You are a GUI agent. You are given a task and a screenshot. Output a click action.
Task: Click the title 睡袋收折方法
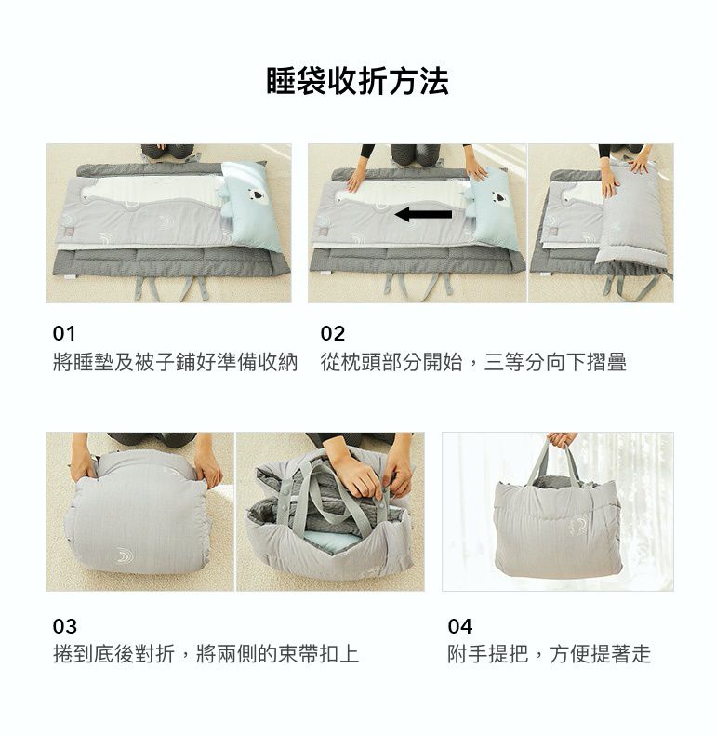357,82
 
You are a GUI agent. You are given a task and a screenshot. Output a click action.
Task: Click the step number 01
64,333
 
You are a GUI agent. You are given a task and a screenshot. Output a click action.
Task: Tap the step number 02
332,333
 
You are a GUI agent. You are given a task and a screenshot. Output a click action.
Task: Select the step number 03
65,626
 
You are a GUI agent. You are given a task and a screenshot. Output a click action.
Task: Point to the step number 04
460,626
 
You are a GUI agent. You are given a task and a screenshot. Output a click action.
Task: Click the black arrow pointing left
423,215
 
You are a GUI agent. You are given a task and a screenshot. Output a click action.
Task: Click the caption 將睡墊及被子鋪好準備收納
175,363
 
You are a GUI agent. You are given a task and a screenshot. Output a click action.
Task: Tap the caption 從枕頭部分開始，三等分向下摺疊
473,363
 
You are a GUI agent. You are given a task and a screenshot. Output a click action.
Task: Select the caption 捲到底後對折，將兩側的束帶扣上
206,655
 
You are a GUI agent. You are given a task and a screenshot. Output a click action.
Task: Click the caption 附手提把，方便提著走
549,655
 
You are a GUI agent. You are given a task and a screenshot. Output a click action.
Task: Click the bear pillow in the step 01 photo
250,205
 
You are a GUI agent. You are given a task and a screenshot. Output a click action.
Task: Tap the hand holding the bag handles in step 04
561,439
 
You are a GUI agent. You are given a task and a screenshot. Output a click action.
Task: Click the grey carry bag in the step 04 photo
558,526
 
